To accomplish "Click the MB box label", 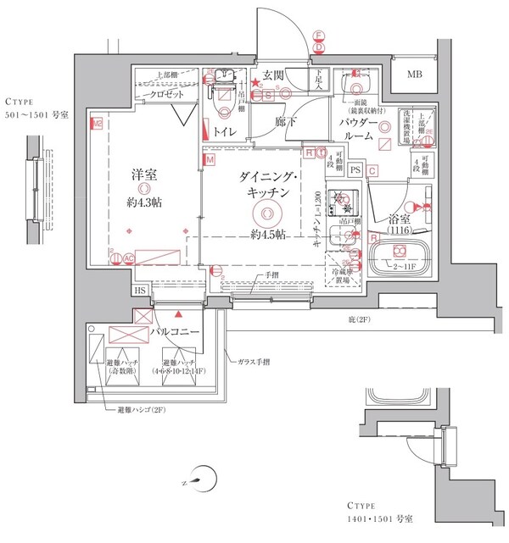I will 414,75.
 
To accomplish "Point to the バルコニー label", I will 176,333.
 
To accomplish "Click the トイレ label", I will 225,131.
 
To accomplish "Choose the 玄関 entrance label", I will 273,75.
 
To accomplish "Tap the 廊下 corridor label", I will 287,122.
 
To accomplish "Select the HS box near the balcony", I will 139,290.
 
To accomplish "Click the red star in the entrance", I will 255,82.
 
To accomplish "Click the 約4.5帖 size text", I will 267,233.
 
